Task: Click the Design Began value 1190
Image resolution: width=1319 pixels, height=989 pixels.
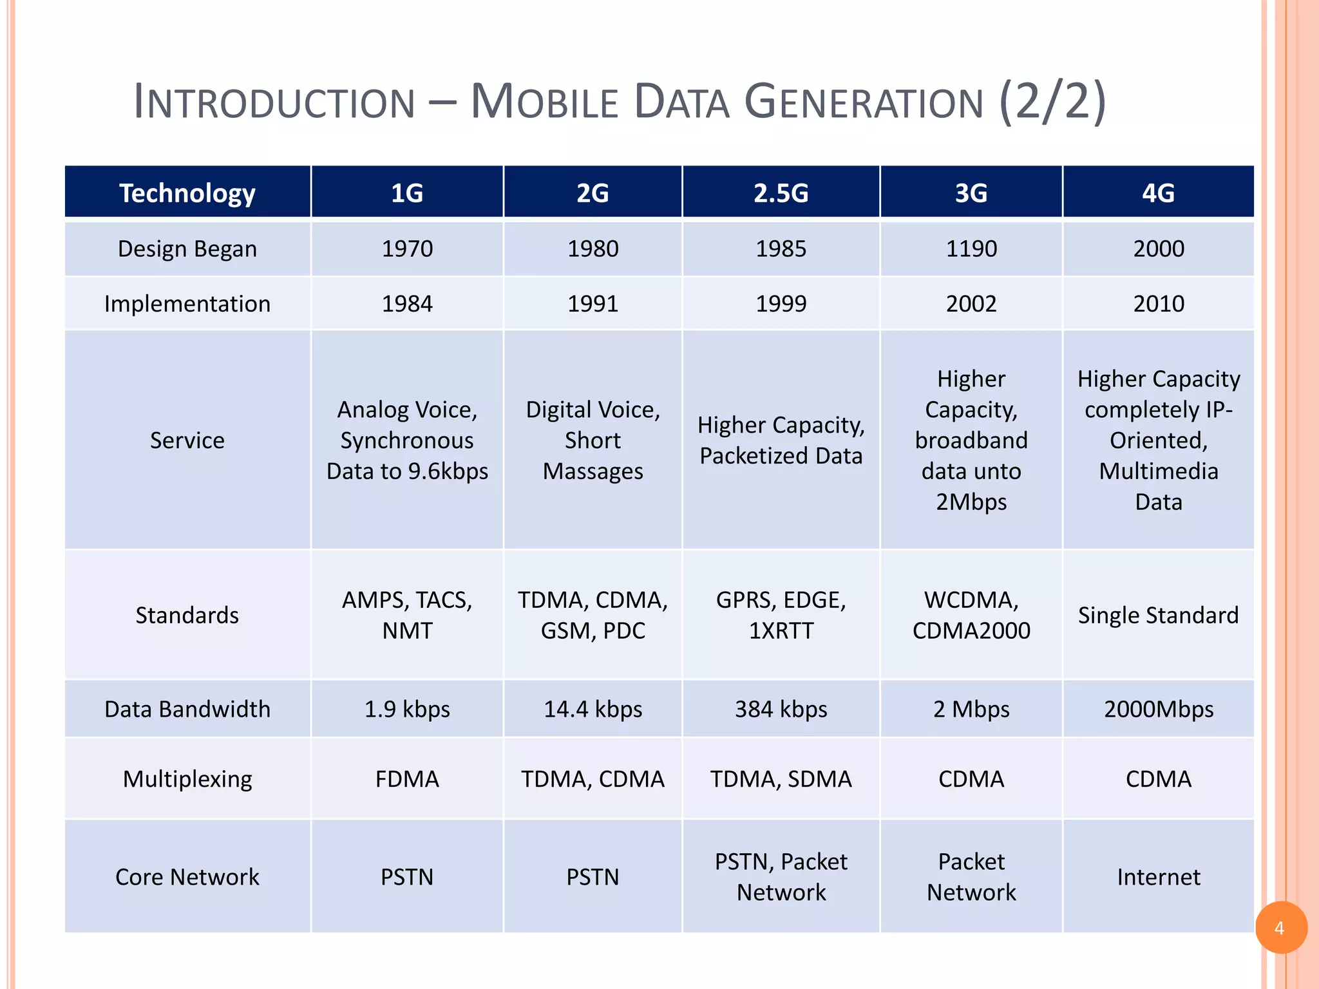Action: tap(971, 249)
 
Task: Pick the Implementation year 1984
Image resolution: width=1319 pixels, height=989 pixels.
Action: tap(407, 303)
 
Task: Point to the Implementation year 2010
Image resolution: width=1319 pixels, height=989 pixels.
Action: tap(1158, 303)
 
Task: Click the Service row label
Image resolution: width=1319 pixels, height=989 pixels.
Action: tap(187, 440)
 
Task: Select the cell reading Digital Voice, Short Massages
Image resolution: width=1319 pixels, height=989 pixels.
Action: tap(593, 440)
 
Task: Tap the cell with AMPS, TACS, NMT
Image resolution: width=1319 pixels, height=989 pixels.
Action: tap(407, 615)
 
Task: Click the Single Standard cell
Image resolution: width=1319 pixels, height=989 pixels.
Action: tap(1158, 615)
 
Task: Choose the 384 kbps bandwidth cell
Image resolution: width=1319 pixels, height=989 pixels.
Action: tap(781, 709)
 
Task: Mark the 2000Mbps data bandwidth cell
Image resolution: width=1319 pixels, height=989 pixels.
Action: tap(1158, 709)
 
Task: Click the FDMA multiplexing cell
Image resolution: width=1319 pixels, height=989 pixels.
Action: tap(407, 779)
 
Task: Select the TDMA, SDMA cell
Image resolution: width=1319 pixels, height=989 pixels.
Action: tap(781, 779)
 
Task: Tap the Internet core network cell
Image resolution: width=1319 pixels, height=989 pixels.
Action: tap(1158, 877)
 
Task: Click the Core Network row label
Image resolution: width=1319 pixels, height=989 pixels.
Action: tap(187, 877)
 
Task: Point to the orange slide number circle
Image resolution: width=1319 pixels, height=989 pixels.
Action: tap(1280, 927)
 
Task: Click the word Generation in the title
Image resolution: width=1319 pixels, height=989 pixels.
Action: tap(863, 102)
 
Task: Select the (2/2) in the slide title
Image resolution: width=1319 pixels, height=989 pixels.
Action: tap(1052, 102)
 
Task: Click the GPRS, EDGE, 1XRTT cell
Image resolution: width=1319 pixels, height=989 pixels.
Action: tap(781, 615)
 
